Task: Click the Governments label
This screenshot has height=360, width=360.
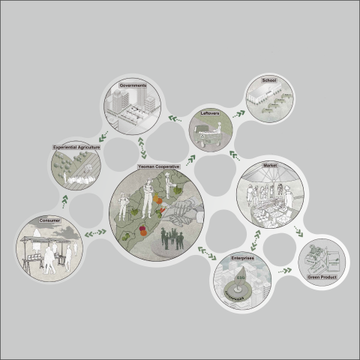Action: (132, 86)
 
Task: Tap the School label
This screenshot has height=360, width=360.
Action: (269, 79)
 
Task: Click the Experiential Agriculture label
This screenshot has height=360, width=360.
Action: (76, 148)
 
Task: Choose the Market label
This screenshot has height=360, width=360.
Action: (271, 164)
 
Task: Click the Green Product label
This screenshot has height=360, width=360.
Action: (321, 277)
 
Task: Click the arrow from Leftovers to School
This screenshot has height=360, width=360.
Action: (238, 114)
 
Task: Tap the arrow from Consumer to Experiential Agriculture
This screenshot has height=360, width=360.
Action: (64, 200)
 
